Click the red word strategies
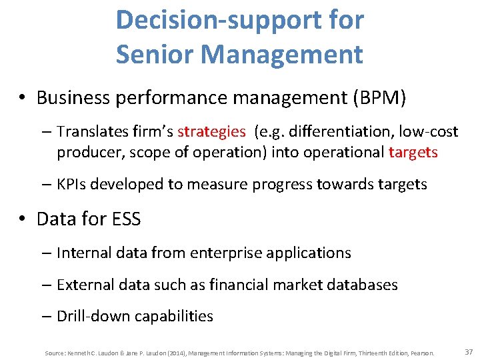(x=211, y=131)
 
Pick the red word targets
(x=413, y=152)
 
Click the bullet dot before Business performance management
(x=23, y=98)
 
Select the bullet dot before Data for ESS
(x=23, y=219)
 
